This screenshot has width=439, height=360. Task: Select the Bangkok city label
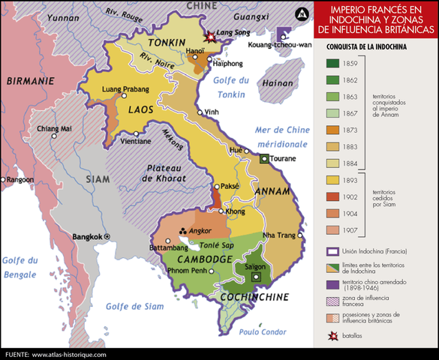(86, 237)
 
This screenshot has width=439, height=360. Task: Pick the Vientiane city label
(135, 142)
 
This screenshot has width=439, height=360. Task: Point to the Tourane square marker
(264, 159)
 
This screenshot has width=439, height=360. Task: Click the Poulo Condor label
(263, 331)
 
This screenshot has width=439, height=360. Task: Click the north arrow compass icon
(301, 13)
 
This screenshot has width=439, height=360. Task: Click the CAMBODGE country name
(205, 259)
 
